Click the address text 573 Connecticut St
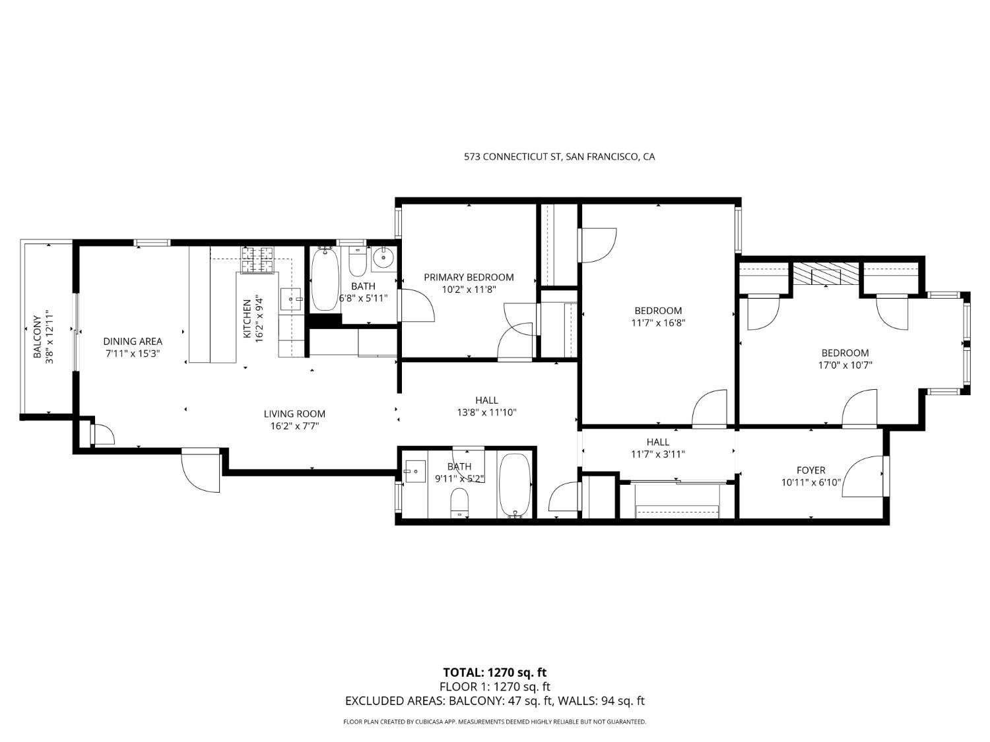(x=559, y=157)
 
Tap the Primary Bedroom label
(x=469, y=278)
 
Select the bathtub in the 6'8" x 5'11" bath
(x=325, y=280)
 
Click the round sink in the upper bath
(x=383, y=259)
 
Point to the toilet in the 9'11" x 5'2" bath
(x=459, y=503)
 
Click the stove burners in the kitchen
(x=259, y=259)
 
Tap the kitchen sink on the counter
(x=290, y=299)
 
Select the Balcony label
(x=38, y=336)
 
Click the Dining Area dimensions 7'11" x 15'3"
(x=133, y=354)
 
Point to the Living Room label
(x=294, y=414)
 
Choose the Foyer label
(x=810, y=470)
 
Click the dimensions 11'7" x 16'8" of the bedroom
(x=658, y=323)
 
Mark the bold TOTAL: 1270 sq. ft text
(x=494, y=673)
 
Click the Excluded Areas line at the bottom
(x=494, y=701)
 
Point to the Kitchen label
(x=247, y=319)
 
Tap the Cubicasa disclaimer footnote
(x=494, y=722)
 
